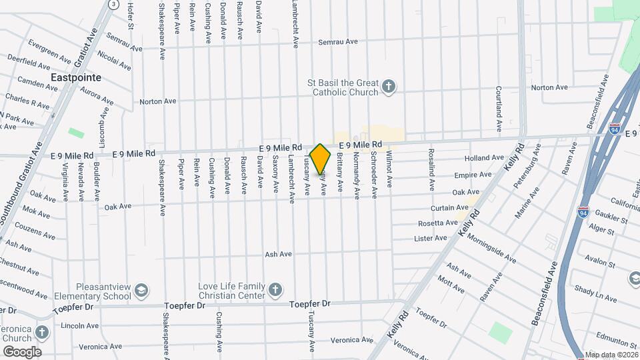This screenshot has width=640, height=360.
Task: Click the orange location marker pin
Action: coord(321,159)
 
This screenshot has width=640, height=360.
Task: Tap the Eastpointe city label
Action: coord(77,77)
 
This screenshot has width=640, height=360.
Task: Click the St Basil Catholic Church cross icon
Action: coord(389,87)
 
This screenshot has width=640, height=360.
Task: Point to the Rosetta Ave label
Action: coord(437,223)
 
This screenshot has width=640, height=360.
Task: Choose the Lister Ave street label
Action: coord(431,238)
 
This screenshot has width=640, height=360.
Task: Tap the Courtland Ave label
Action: coord(499,109)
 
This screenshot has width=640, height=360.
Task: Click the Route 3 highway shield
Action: coord(114,4)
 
